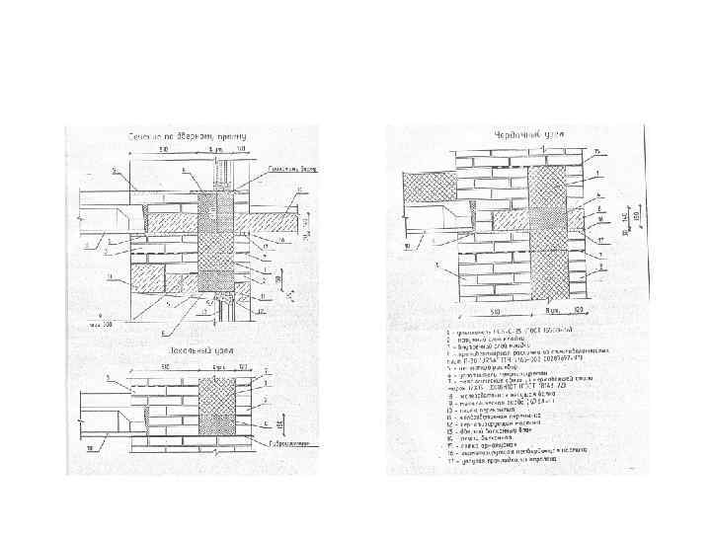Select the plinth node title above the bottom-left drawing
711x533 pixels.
pos(194,349)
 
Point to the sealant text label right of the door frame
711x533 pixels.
pos(288,169)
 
